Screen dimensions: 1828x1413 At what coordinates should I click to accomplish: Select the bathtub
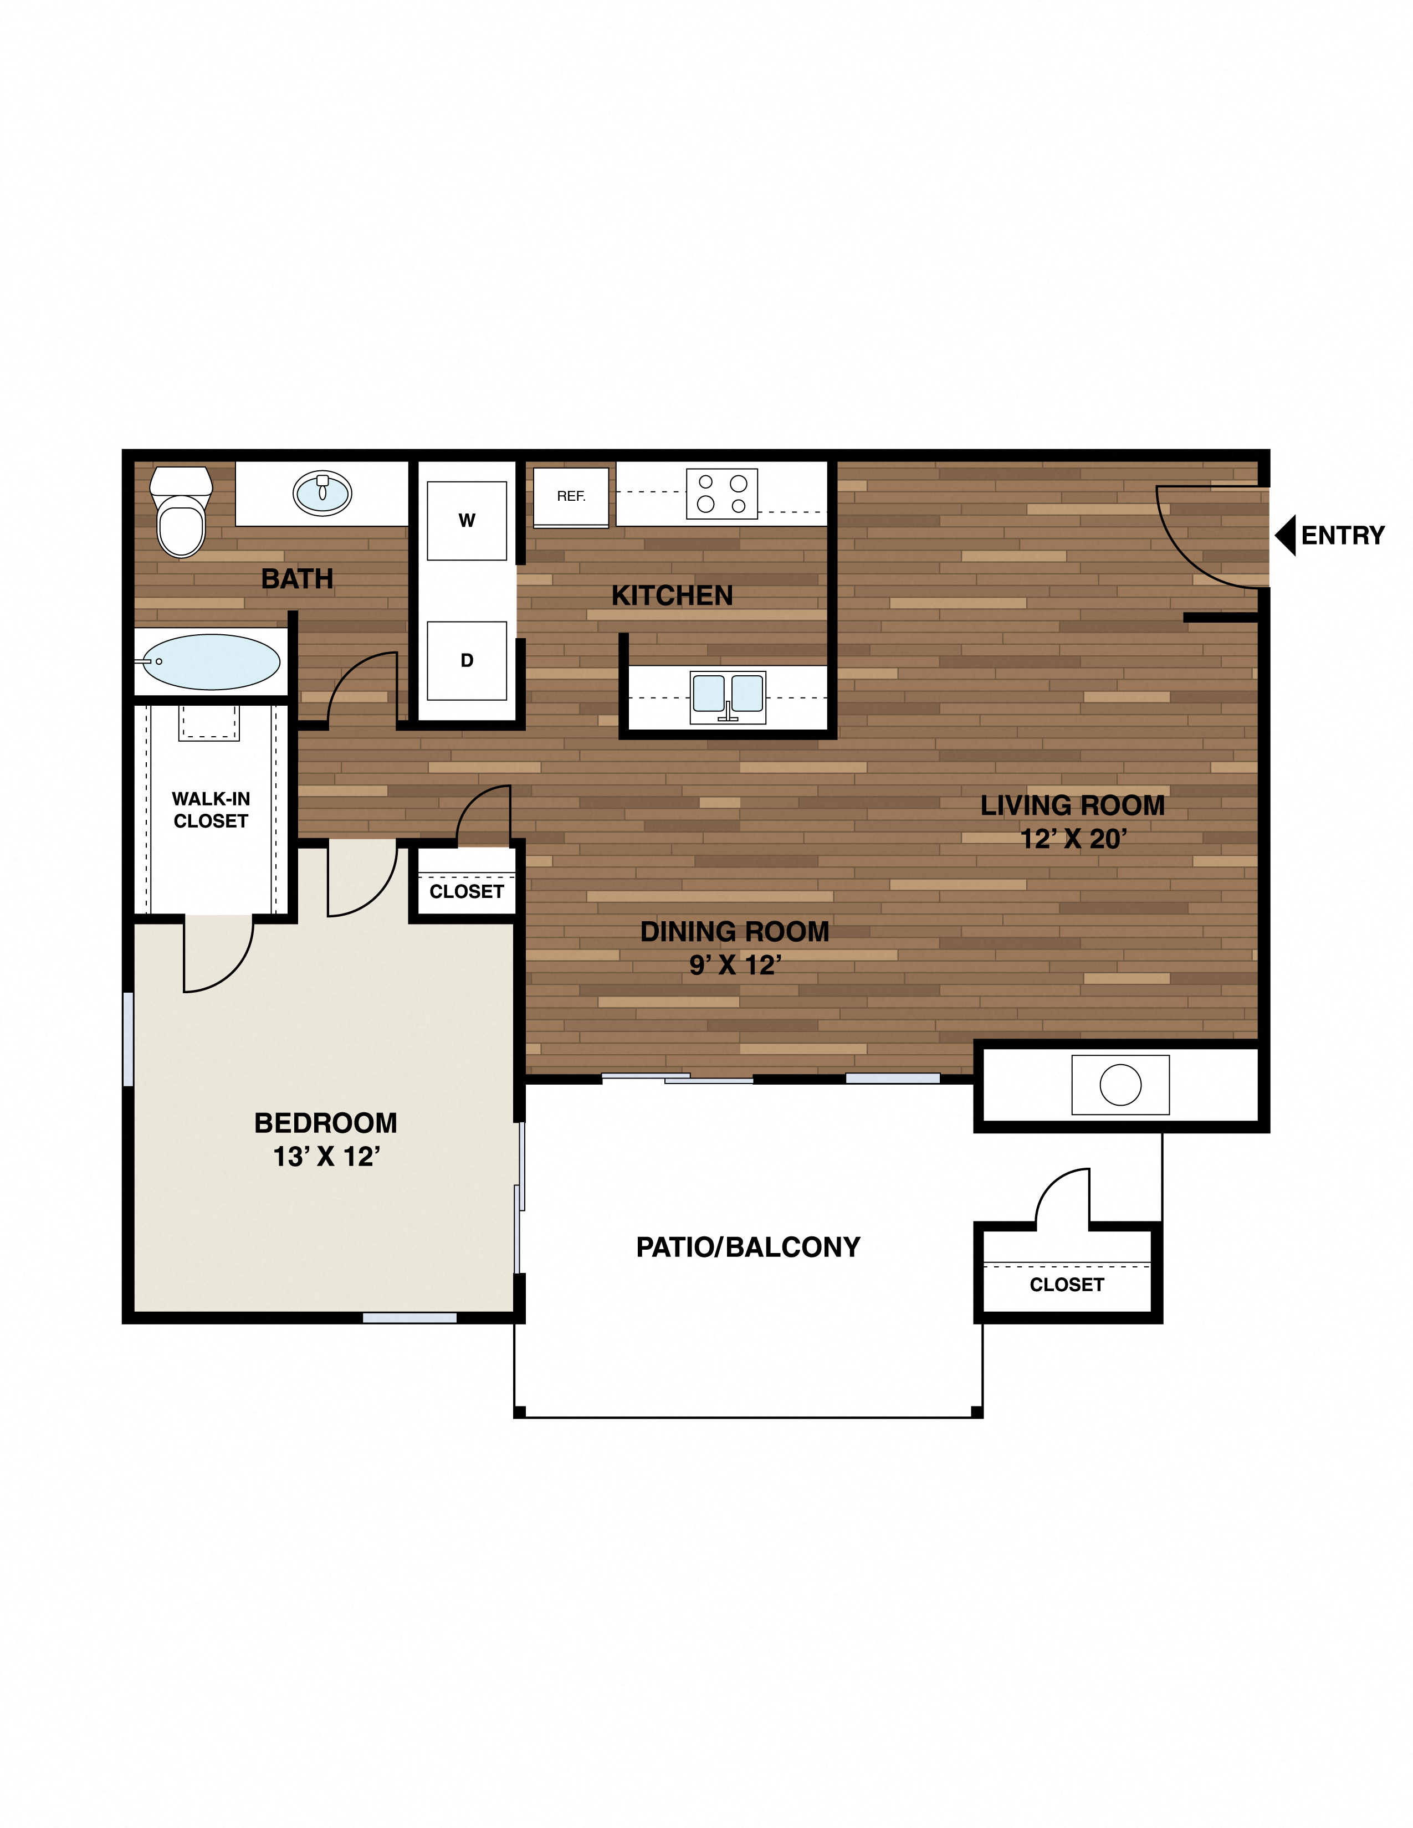(211, 662)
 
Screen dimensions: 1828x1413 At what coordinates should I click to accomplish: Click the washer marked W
(466, 521)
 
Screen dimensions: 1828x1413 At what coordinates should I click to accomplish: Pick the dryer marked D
(466, 660)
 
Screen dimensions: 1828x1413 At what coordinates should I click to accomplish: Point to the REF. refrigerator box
(571, 497)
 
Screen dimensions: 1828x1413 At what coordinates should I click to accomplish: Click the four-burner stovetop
(721, 494)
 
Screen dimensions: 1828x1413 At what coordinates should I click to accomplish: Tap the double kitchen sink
(728, 696)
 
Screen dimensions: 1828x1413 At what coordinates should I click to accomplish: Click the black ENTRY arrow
(1285, 535)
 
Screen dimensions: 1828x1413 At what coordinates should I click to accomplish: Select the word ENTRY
(1343, 536)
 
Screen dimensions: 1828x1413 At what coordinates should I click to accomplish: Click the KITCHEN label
(672, 596)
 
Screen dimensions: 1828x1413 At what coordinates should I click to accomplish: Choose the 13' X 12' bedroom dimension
(326, 1157)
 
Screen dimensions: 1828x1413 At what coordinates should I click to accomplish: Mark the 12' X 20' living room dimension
(1073, 839)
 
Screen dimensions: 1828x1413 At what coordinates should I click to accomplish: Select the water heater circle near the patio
(1120, 1086)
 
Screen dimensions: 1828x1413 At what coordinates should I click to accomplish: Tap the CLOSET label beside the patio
(1067, 1285)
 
